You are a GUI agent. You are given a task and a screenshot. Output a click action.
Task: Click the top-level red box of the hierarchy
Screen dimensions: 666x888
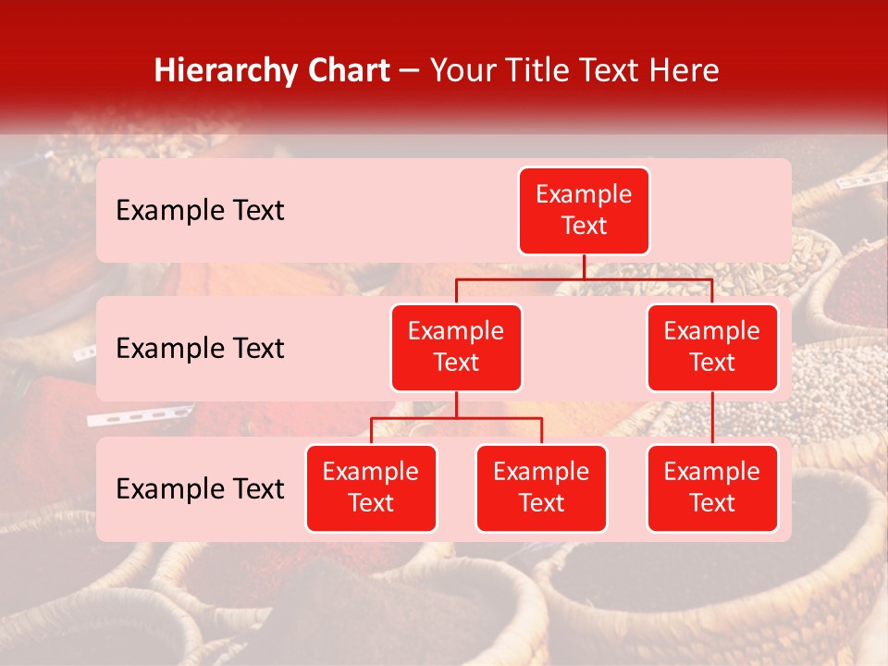584,211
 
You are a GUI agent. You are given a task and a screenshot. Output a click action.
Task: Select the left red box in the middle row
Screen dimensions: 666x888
456,348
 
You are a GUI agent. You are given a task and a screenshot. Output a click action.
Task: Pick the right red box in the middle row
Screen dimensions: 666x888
712,348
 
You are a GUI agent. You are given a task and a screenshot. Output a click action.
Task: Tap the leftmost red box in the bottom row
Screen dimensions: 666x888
371,488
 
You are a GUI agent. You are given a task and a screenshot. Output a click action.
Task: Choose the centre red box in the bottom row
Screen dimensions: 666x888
541,488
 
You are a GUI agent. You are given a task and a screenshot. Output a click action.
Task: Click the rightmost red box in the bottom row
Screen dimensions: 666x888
712,488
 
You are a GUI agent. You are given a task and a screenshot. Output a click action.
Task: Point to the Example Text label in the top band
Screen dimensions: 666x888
200,211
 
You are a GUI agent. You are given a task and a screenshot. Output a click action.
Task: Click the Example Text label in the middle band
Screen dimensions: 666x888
200,349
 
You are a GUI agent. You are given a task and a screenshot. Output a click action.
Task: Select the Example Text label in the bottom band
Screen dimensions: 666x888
200,488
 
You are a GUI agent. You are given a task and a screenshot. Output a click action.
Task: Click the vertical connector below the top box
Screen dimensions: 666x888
584,266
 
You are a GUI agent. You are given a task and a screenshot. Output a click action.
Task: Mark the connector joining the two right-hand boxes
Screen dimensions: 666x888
712,418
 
